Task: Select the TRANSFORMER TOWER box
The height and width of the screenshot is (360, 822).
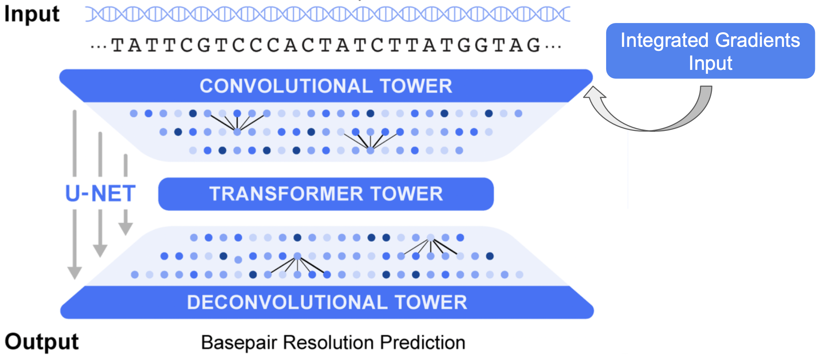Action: point(326,194)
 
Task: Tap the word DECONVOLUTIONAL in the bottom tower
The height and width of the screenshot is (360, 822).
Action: point(287,303)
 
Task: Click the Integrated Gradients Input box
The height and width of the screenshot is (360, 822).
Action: point(711,51)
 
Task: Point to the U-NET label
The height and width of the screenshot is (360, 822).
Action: point(100,194)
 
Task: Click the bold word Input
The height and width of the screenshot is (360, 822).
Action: point(32,14)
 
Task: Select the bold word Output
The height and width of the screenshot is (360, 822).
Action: point(42,341)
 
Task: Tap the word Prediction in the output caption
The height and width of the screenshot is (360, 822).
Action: point(423,342)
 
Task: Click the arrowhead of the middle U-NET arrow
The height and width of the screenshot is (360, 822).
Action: point(100,250)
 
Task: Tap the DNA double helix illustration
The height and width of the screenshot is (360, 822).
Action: point(328,14)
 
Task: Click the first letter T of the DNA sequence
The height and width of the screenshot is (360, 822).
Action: point(117,45)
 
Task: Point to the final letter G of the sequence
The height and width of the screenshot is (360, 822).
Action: point(534,45)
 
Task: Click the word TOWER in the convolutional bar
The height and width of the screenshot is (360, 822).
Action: point(416,86)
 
